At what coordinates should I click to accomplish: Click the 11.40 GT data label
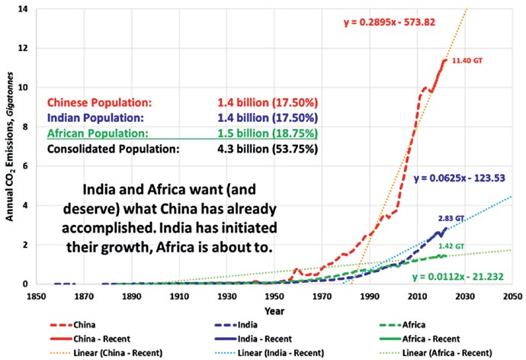pyautogui.click(x=467, y=61)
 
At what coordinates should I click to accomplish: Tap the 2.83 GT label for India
pyautogui.click(x=451, y=218)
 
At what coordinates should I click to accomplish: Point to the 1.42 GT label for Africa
pyautogui.click(x=451, y=246)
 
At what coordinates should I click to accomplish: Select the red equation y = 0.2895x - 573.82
pyautogui.click(x=389, y=22)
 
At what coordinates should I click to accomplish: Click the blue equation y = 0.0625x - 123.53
pyautogui.click(x=459, y=178)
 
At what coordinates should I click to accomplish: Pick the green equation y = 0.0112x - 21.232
pyautogui.click(x=458, y=277)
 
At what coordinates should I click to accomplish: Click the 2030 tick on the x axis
pyautogui.click(x=464, y=296)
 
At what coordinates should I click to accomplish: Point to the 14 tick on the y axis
pyautogui.click(x=23, y=8)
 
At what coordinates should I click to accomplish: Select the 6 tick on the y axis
pyautogui.click(x=25, y=166)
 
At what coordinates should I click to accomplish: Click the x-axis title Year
pyautogui.click(x=274, y=311)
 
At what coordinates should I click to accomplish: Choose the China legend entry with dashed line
pyautogui.click(x=72, y=325)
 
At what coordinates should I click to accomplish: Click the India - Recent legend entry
pyautogui.click(x=253, y=339)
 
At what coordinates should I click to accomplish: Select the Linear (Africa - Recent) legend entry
pyautogui.click(x=436, y=353)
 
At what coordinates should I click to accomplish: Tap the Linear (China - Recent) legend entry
pyautogui.click(x=106, y=353)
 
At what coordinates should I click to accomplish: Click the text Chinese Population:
pyautogui.click(x=99, y=103)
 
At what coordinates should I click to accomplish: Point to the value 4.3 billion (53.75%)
pyautogui.click(x=268, y=149)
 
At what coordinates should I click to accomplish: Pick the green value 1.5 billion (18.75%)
pyautogui.click(x=268, y=133)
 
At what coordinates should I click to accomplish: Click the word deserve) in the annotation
pyautogui.click(x=91, y=209)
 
